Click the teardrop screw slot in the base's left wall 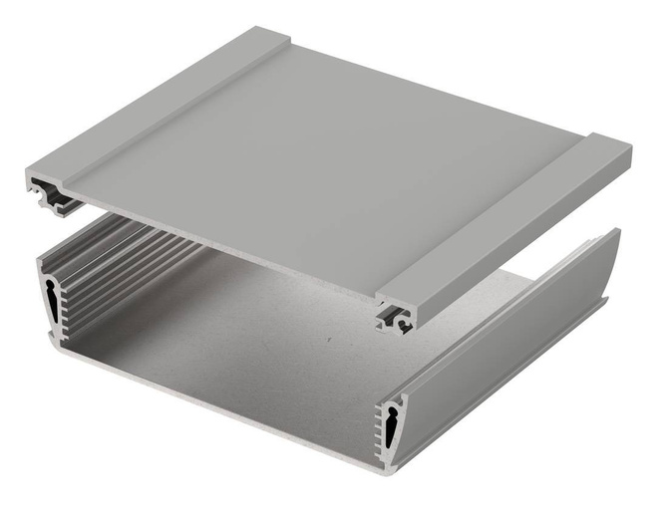51,300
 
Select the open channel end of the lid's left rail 51,193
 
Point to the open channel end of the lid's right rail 396,318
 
